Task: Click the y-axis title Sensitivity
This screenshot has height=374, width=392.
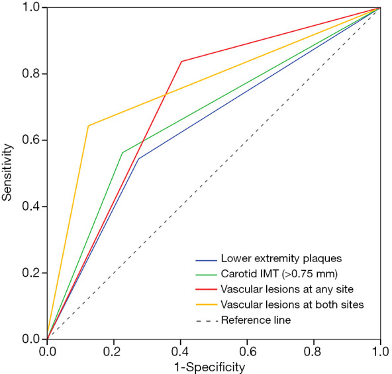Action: pyautogui.click(x=7, y=173)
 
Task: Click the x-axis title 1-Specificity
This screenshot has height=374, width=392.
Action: pyautogui.click(x=214, y=365)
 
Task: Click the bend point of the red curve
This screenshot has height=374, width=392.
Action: pyautogui.click(x=181, y=62)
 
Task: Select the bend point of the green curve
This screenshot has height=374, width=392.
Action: pyautogui.click(x=122, y=153)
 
